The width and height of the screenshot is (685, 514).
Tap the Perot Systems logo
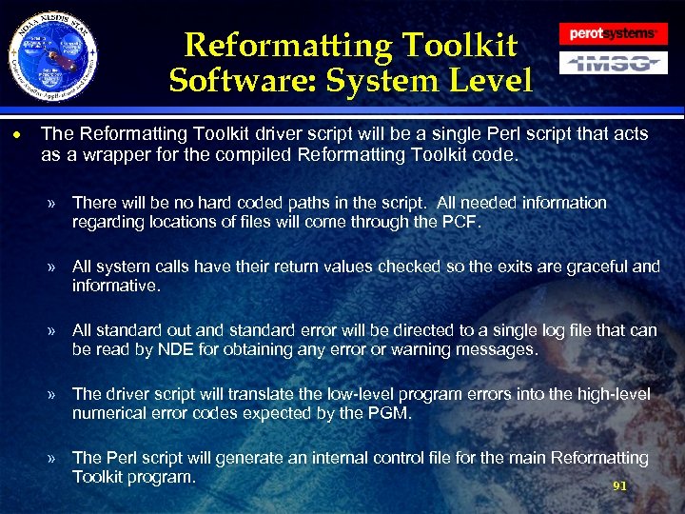(x=613, y=33)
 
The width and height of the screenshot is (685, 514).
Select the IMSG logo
(x=613, y=63)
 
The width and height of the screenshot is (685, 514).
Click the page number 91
(x=619, y=485)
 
